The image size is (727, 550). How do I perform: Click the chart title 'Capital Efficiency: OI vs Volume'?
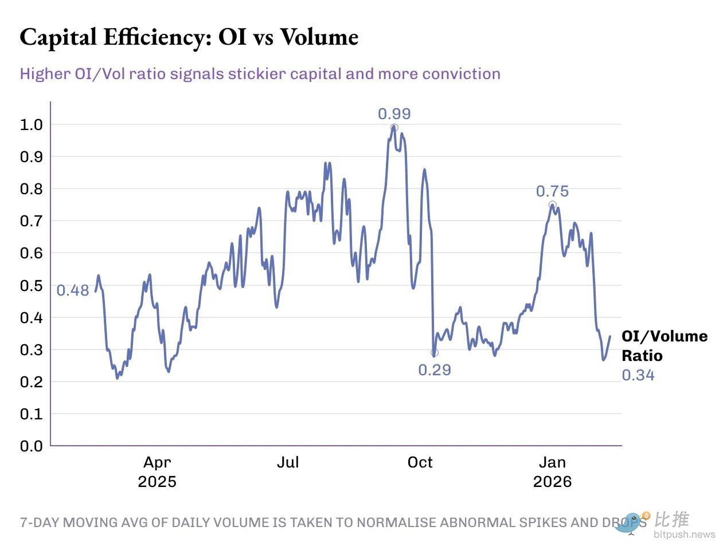(189, 38)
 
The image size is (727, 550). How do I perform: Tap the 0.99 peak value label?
(394, 114)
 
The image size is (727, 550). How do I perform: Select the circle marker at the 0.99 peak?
(394, 128)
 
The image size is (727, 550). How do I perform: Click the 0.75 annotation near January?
(552, 191)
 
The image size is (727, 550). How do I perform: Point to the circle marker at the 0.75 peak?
(552, 205)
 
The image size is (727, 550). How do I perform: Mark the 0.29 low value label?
(435, 370)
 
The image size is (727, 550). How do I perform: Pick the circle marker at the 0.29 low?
(434, 353)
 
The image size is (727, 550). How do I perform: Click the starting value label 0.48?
(73, 290)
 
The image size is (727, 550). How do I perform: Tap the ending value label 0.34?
(638, 375)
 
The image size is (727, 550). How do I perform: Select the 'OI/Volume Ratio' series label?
(664, 345)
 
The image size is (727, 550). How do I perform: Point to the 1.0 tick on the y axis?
(32, 124)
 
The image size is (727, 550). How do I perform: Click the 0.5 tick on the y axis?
(32, 285)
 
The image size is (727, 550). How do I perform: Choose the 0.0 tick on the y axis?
(32, 446)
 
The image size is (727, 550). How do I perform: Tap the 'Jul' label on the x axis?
(288, 462)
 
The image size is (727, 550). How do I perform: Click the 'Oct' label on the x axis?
(420, 462)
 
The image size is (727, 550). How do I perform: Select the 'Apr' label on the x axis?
(157, 462)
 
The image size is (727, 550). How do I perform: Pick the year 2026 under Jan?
(552, 481)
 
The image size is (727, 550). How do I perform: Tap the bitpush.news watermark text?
(685, 535)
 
